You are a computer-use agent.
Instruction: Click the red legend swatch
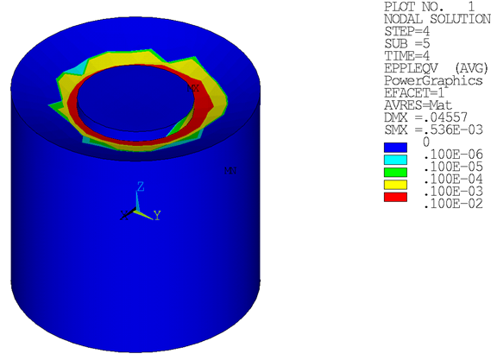click(393, 198)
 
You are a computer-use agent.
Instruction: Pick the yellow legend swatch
click(393, 185)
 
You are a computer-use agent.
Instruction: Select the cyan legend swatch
click(393, 160)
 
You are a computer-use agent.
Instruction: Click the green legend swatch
click(393, 173)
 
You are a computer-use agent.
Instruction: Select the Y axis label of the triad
click(157, 214)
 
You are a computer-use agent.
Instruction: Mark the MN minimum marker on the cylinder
click(230, 171)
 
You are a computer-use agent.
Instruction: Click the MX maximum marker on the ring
click(196, 88)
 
